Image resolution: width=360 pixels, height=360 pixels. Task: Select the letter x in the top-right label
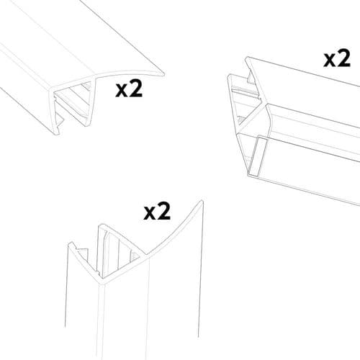pos(332,58)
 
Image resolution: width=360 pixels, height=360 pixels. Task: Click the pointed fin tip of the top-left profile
pos(163,72)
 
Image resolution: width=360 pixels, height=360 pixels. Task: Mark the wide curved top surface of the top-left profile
pos(72,50)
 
